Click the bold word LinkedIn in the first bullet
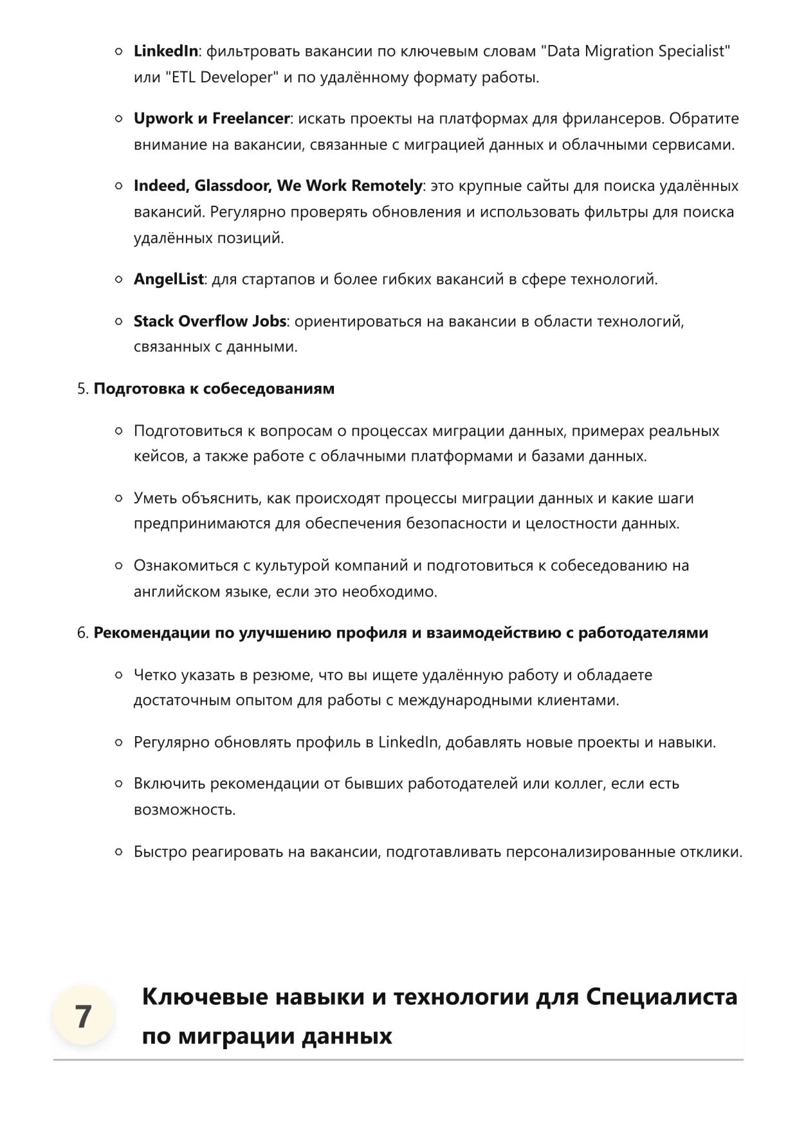(x=165, y=51)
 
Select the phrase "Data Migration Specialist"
(x=638, y=51)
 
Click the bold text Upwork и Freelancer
(x=212, y=118)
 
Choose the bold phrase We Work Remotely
(x=349, y=186)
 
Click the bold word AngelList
(x=169, y=279)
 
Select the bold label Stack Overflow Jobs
(x=210, y=321)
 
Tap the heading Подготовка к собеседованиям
(x=214, y=388)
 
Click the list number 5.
(x=82, y=388)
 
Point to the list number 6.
(x=82, y=633)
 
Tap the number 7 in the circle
(x=83, y=1016)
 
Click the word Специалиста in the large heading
(x=662, y=996)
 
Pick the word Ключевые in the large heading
(x=205, y=996)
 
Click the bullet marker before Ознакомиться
(x=118, y=566)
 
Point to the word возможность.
(x=184, y=809)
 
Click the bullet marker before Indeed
(x=118, y=186)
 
